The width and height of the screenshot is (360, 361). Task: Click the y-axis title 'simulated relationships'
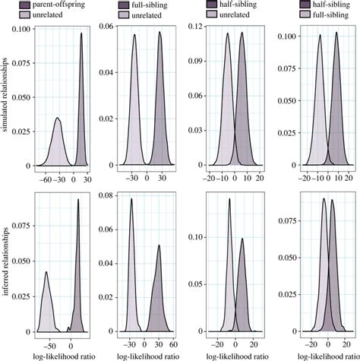pos(5,99)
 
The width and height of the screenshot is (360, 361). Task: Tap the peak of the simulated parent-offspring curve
pos(81,44)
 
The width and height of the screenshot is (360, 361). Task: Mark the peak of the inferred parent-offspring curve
pos(78,200)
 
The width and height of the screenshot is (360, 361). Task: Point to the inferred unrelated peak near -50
pos(46,272)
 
